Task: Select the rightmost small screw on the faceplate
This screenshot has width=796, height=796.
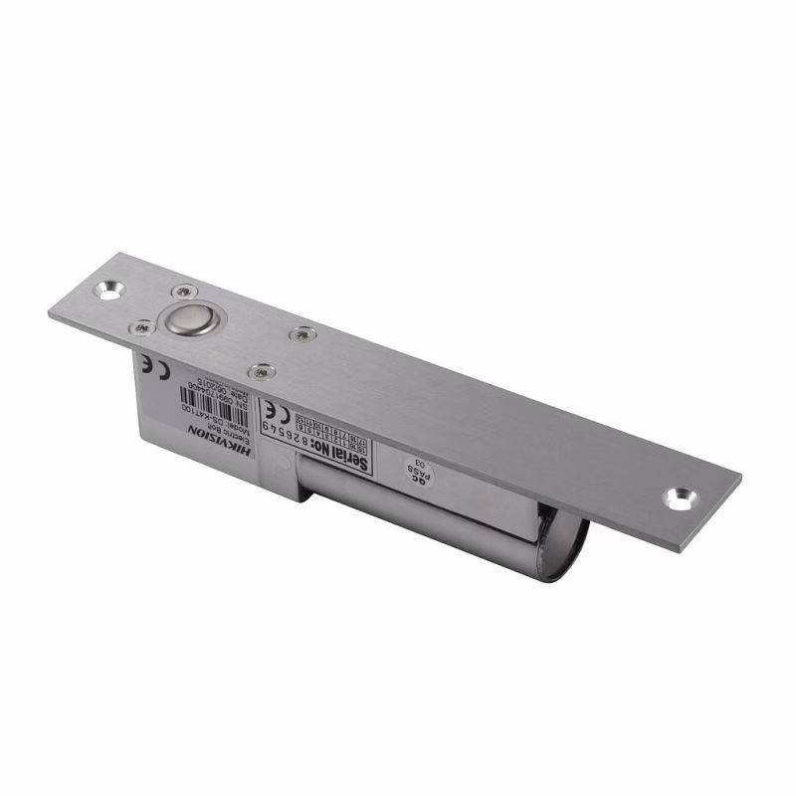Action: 298,334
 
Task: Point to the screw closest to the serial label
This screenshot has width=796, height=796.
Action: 263,370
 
